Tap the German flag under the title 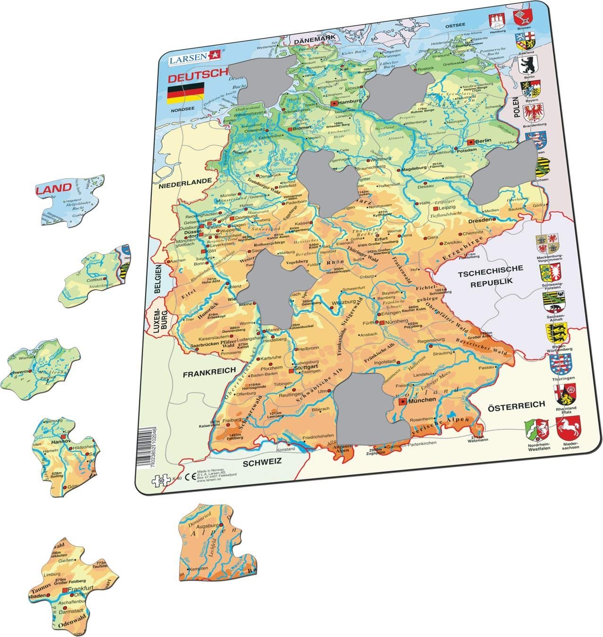[x=185, y=92]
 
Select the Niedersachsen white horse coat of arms [x=568, y=428]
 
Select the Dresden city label [x=481, y=220]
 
